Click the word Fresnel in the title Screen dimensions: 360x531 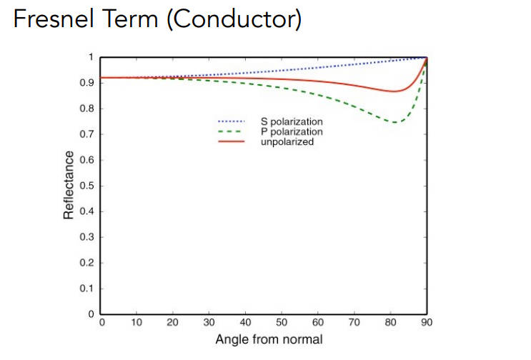[47, 19]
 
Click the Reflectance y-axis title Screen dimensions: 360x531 [69, 185]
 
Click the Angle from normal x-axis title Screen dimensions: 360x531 [264, 339]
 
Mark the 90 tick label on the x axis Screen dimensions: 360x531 [427, 323]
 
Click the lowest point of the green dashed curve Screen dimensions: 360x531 [394, 122]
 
